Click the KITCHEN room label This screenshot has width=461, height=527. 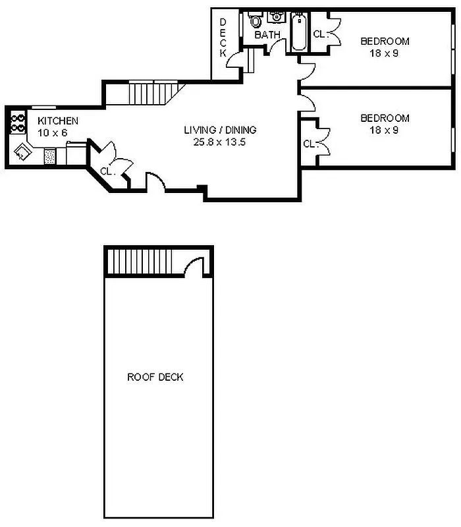click(x=58, y=121)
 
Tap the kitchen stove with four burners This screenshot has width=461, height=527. click(x=16, y=123)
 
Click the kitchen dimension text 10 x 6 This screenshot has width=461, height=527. click(x=52, y=132)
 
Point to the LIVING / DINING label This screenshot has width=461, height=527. click(x=220, y=130)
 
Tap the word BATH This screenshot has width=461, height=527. click(x=267, y=34)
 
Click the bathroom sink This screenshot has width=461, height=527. click(x=276, y=17)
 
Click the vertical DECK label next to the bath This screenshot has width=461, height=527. click(x=223, y=37)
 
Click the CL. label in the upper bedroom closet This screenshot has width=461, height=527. click(x=320, y=34)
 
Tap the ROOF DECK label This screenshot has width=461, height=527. click(x=155, y=377)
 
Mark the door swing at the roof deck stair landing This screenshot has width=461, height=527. click(x=196, y=267)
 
